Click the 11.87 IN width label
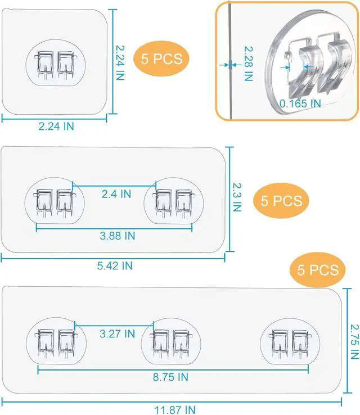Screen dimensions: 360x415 pyautogui.click(x=175, y=410)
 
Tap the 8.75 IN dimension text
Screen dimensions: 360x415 pyautogui.click(x=171, y=377)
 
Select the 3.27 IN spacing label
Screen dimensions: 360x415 pyautogui.click(x=117, y=334)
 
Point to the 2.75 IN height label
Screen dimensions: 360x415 pyautogui.click(x=354, y=342)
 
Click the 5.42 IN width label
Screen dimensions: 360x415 pyautogui.click(x=115, y=266)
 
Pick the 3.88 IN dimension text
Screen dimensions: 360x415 pyautogui.click(x=118, y=236)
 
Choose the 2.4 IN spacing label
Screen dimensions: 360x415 pyautogui.click(x=116, y=194)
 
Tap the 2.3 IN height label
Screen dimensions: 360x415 pyautogui.click(x=237, y=197)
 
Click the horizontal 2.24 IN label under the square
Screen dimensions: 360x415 pyautogui.click(x=56, y=127)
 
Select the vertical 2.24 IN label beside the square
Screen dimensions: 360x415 pyautogui.click(x=120, y=63)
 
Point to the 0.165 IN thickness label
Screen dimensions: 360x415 pyautogui.click(x=300, y=103)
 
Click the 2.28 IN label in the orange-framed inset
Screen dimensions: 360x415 pyautogui.click(x=248, y=64)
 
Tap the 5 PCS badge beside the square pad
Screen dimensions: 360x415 pyautogui.click(x=161, y=58)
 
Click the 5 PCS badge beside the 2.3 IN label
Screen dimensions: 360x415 pyautogui.click(x=281, y=201)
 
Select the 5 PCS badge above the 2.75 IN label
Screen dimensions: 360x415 pyautogui.click(x=318, y=270)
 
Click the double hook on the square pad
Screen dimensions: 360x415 pyautogui.click(x=56, y=65)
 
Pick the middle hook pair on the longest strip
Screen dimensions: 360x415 pyautogui.click(x=171, y=344)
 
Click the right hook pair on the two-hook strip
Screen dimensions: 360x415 pyautogui.click(x=174, y=203)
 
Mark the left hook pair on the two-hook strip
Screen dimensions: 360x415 pyautogui.click(x=55, y=203)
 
